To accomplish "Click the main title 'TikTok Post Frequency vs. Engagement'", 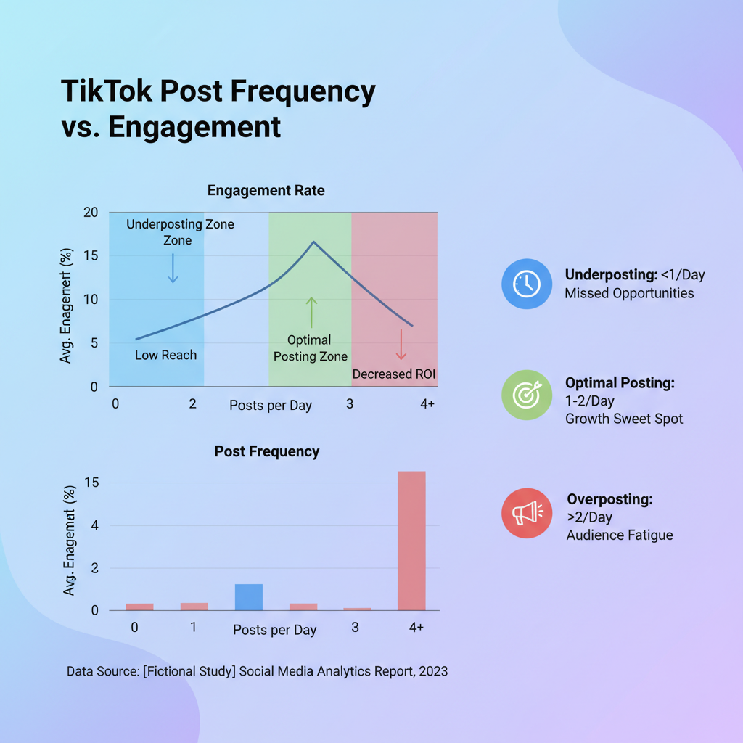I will tap(218, 109).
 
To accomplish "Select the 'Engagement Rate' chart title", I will tap(266, 191).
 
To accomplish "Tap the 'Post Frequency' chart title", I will tap(266, 451).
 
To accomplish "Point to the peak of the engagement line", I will tap(313, 242).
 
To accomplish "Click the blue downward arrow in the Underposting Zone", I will tap(173, 268).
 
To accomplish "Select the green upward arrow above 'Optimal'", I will tap(311, 312).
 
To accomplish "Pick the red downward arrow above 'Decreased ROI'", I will tap(401, 345).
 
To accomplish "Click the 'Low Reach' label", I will tap(165, 356).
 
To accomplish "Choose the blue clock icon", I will tap(526, 284).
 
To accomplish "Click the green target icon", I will tap(526, 395).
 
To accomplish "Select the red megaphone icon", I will tap(526, 513).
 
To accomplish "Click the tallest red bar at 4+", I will tap(411, 541).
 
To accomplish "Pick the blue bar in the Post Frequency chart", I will tap(249, 596).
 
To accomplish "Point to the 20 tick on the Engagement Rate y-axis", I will tap(90, 213).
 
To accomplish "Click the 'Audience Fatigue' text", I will tap(620, 535).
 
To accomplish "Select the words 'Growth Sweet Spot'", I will tap(623, 419).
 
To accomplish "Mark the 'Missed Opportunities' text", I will tap(629, 294).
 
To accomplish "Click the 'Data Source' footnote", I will tap(257, 671).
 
